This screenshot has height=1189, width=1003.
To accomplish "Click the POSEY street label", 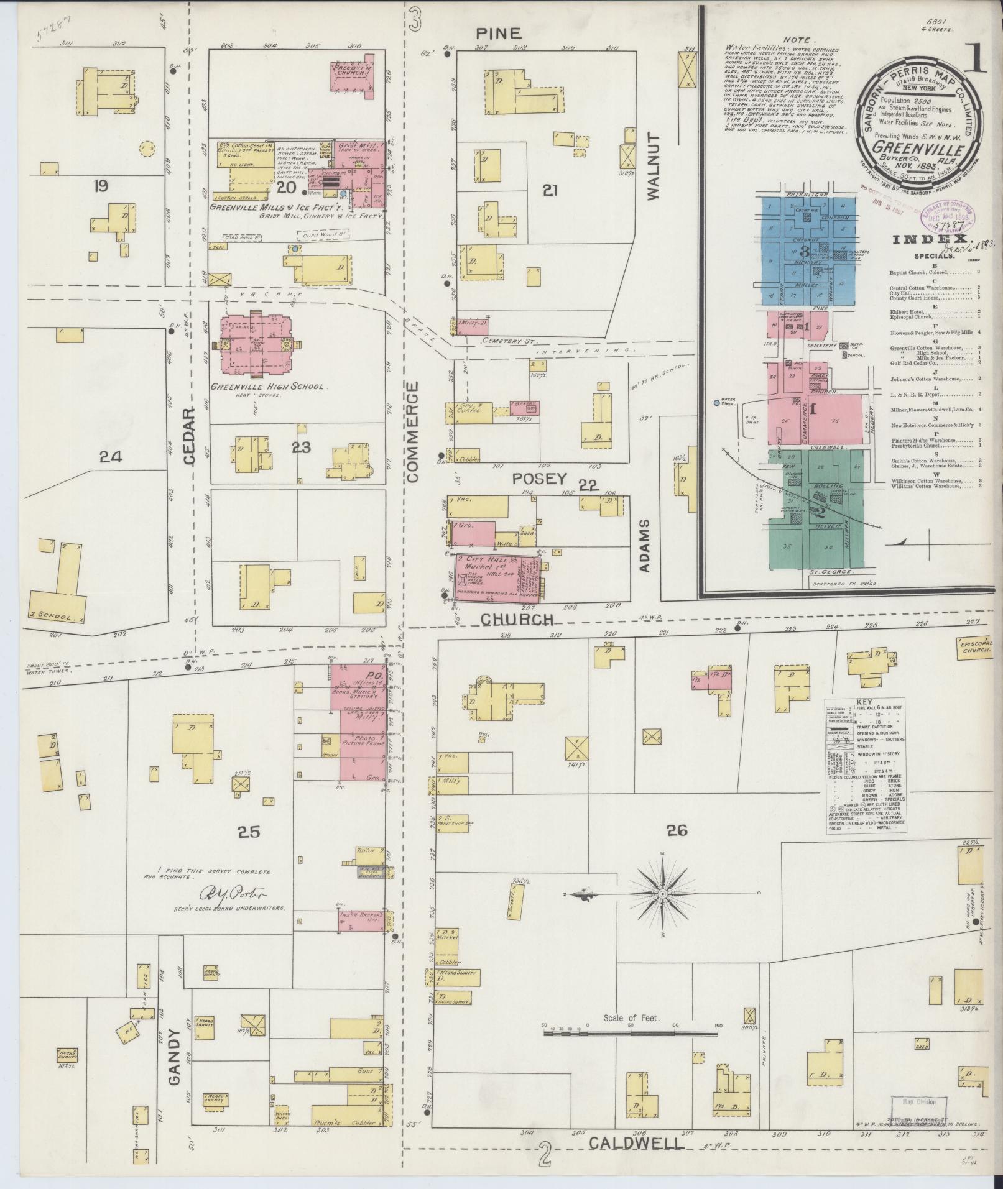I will [540, 479].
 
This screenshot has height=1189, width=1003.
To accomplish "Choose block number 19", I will [99, 185].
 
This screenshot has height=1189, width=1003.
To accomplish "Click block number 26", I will [677, 829].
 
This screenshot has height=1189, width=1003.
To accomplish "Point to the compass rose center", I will [663, 894].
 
